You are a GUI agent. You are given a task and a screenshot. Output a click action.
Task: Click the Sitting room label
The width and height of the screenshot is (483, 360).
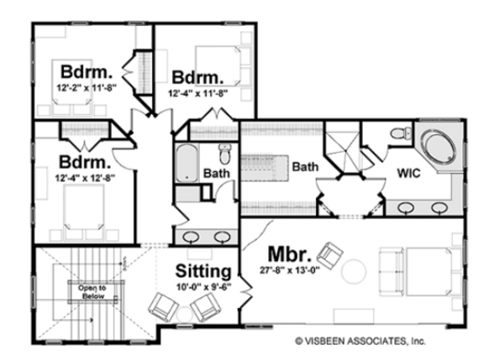point(203,272)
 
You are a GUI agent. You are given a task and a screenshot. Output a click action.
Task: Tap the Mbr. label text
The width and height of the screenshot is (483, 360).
point(292,253)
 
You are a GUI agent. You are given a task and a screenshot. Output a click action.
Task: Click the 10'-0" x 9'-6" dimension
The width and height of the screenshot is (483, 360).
point(203,287)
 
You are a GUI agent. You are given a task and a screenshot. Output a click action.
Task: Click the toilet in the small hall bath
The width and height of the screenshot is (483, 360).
point(224,154)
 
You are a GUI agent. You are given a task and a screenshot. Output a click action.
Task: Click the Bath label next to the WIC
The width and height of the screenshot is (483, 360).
point(304,167)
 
